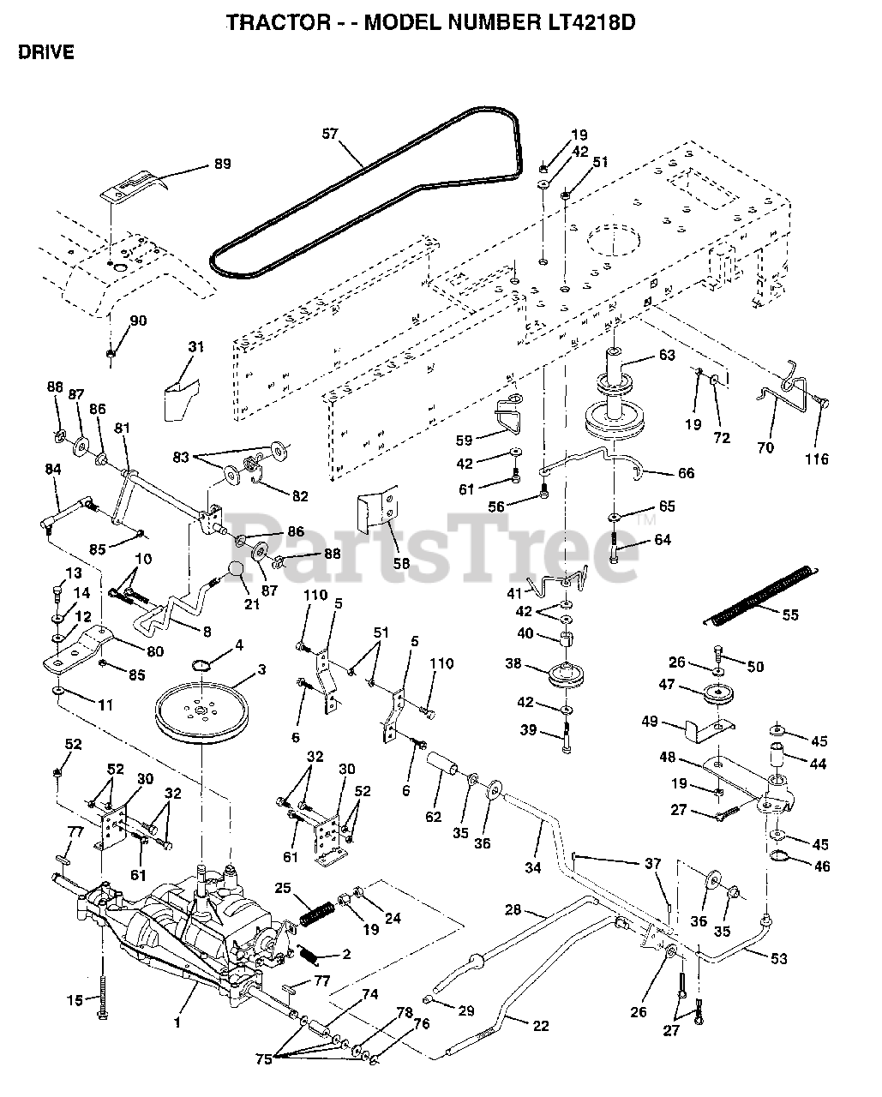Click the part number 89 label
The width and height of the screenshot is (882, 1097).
click(x=221, y=165)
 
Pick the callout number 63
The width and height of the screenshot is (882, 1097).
click(x=667, y=355)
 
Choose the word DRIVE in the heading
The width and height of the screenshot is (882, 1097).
click(x=45, y=52)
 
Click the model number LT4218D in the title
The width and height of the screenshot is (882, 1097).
click(x=578, y=22)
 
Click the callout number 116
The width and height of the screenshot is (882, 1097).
click(x=816, y=459)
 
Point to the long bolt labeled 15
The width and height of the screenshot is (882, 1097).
click(x=102, y=986)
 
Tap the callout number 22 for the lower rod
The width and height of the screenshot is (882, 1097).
click(x=540, y=1026)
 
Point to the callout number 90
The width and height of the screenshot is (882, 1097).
click(x=138, y=321)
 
